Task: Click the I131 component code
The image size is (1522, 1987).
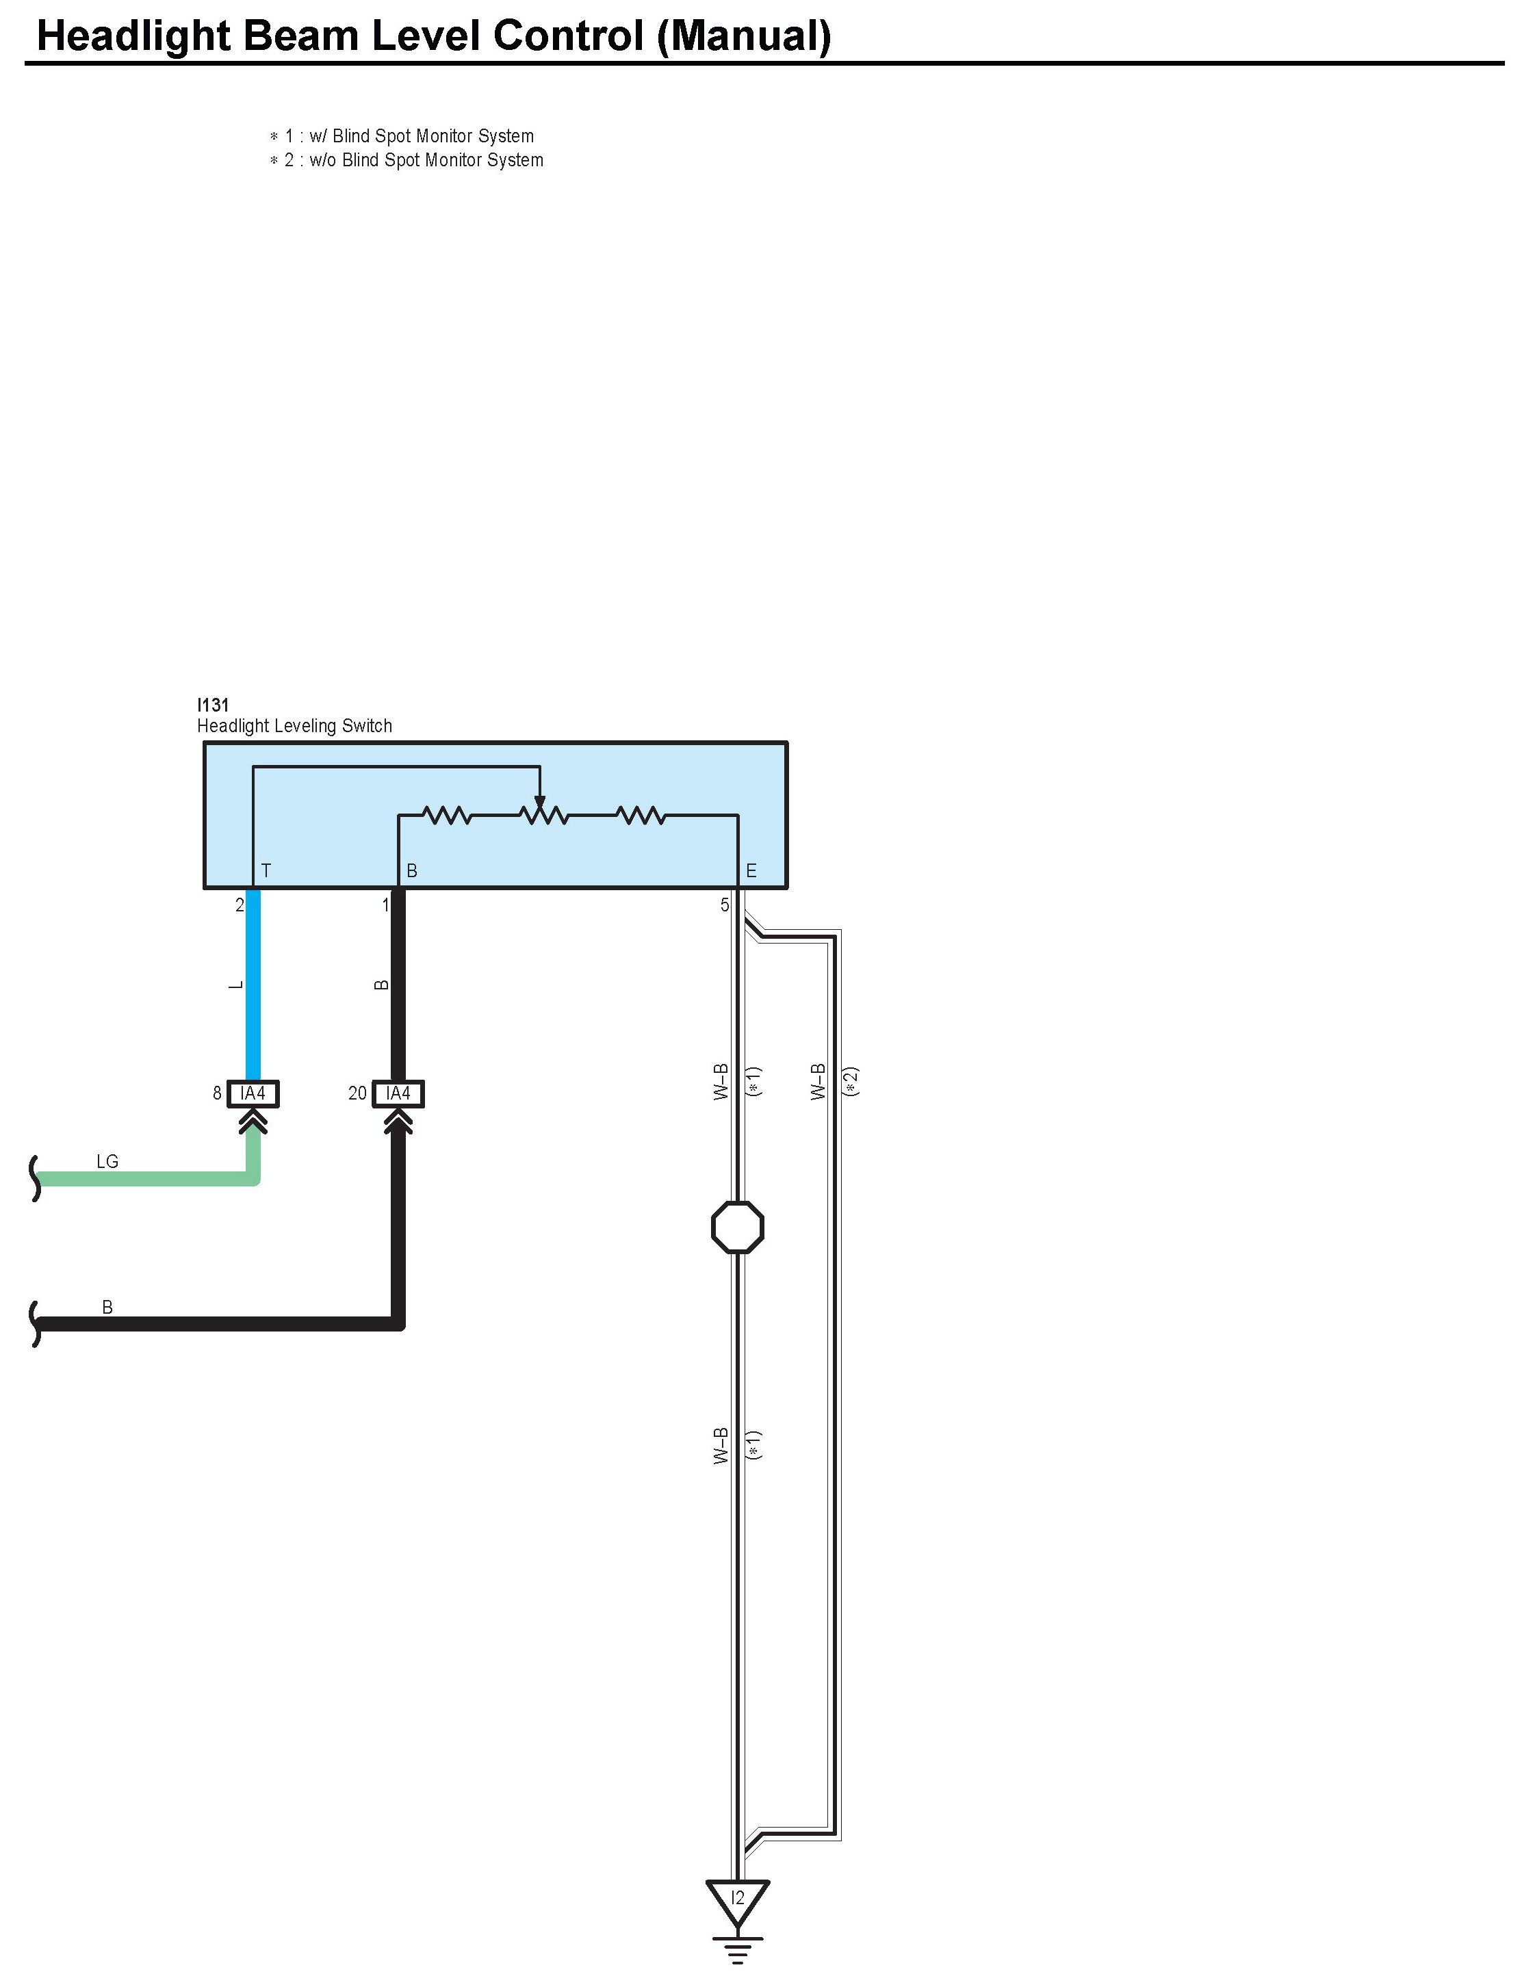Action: tap(213, 705)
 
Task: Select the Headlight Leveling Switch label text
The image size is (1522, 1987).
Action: tap(294, 725)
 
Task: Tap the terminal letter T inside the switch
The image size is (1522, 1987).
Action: tap(266, 870)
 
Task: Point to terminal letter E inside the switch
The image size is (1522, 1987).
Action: tap(751, 870)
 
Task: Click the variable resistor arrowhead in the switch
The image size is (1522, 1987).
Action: tap(540, 801)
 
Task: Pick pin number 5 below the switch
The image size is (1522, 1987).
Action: tap(725, 905)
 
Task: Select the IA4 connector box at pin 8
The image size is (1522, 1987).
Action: tap(253, 1093)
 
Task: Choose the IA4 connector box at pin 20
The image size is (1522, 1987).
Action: tap(398, 1093)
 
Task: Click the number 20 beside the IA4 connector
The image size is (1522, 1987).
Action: tap(358, 1093)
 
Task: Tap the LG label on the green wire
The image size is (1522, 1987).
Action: tap(107, 1161)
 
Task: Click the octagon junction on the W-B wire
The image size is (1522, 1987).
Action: tap(738, 1227)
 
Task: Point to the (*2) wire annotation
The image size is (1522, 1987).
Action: tap(851, 1081)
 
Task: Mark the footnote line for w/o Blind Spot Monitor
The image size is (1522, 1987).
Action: tap(407, 160)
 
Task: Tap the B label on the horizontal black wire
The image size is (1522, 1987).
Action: tap(107, 1307)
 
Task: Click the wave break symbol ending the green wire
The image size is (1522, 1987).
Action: tap(36, 1178)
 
